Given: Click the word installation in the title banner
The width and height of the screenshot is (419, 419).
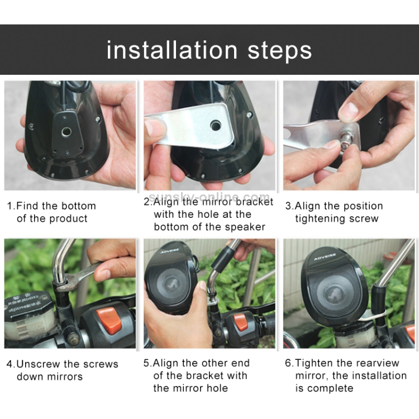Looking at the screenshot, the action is [172, 50].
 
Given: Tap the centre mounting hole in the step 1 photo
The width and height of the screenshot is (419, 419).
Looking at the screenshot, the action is [66, 131].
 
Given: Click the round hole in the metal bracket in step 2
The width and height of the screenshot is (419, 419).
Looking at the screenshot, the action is [216, 125].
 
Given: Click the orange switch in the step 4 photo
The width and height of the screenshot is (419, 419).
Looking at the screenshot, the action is [109, 321].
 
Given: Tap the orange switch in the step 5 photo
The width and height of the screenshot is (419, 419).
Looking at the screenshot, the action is [241, 322].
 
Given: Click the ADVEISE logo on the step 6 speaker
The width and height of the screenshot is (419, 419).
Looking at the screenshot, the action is [325, 257].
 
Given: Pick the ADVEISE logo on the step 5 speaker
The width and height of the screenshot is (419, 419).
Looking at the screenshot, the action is [170, 251].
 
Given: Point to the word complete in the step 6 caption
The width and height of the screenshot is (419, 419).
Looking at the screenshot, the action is [330, 388].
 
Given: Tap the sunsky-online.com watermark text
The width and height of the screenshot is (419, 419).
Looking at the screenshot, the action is [209, 197].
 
